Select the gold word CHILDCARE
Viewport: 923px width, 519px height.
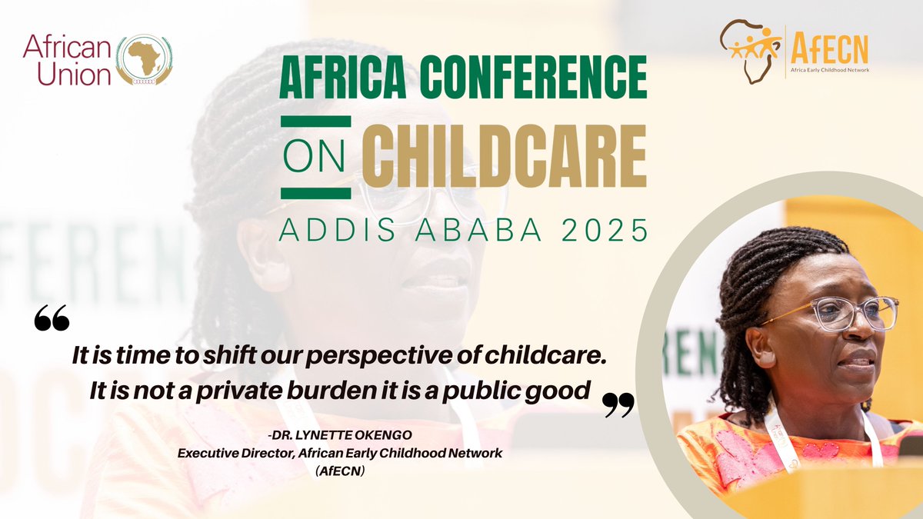coord(505,153)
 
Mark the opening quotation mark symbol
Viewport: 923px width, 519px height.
coord(52,318)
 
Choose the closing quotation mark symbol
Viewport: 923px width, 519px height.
coord(618,404)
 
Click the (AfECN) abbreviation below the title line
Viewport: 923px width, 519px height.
coord(339,471)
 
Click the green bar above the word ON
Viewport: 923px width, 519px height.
coord(315,121)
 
